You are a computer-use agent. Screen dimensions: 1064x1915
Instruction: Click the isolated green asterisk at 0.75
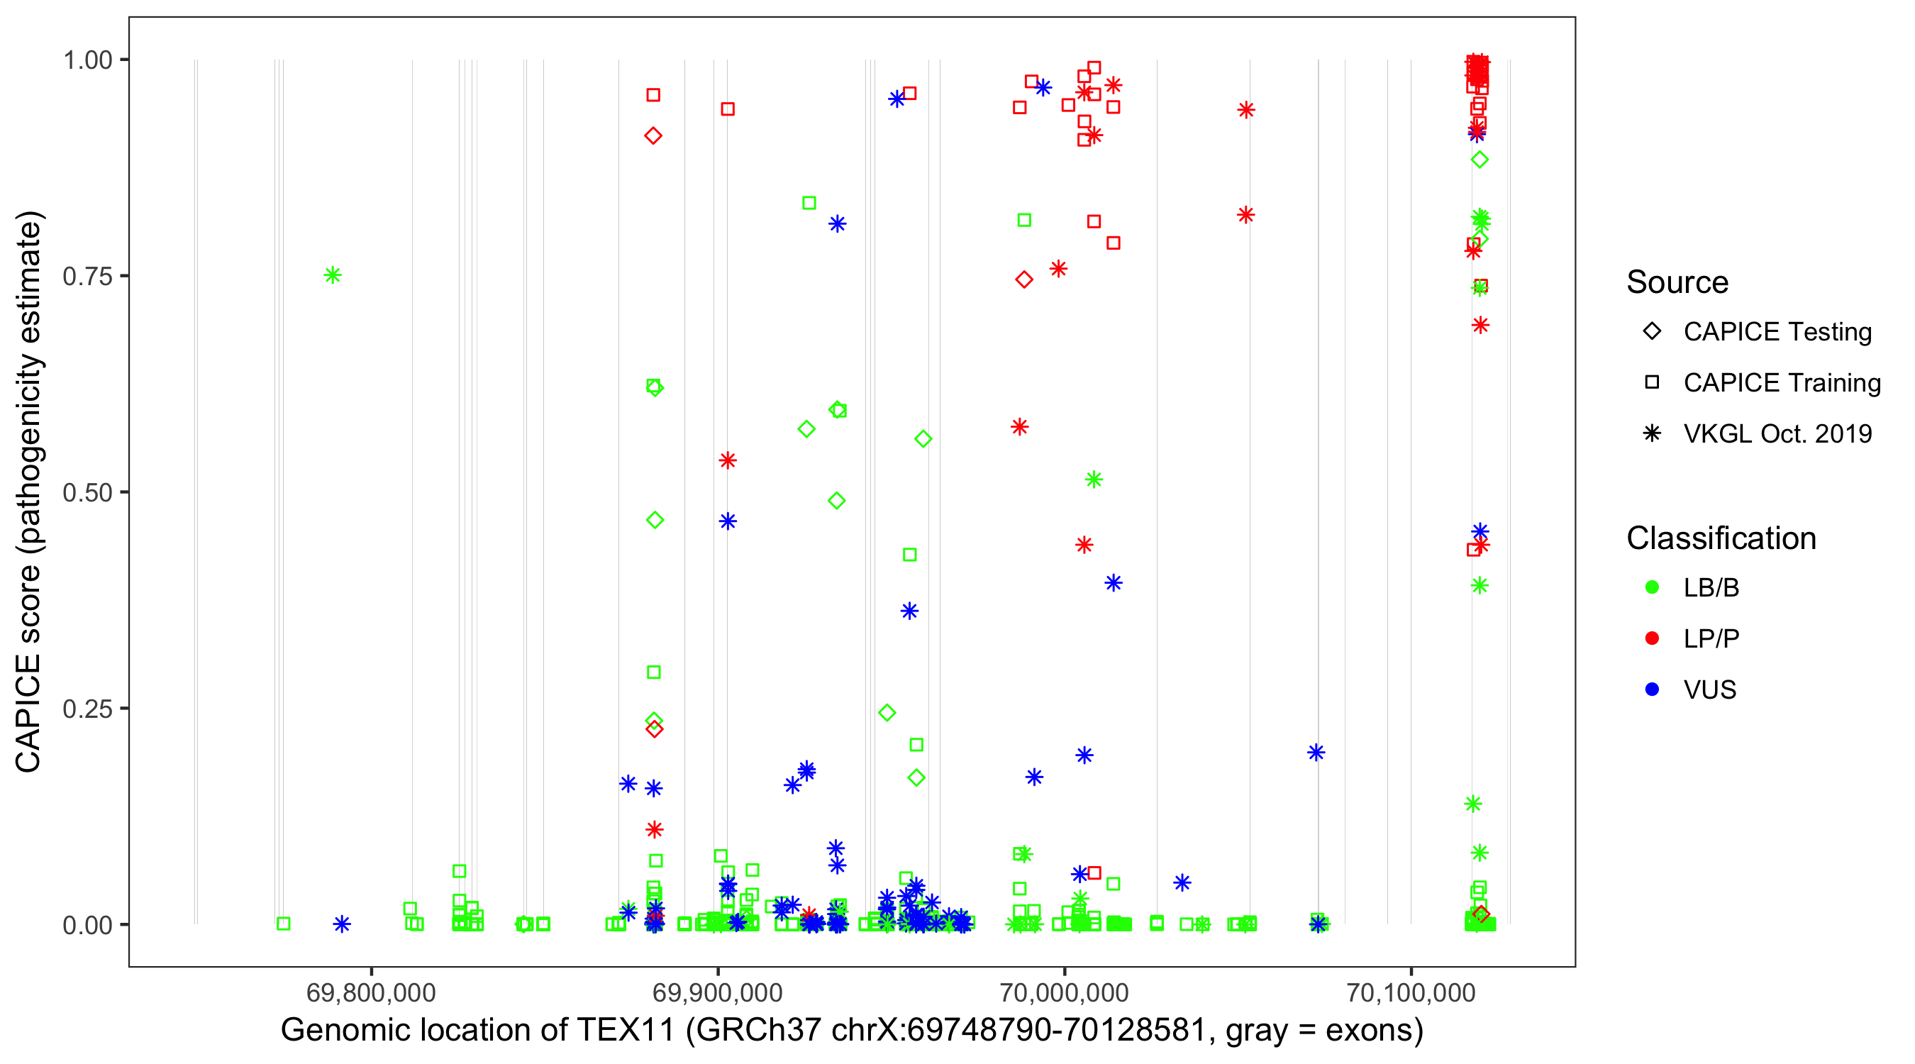coord(333,275)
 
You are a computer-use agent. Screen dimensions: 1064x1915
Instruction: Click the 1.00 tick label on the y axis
coord(87,60)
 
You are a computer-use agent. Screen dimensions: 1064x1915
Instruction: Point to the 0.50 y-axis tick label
coord(87,492)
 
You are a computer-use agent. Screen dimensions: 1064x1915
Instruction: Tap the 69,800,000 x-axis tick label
coord(370,992)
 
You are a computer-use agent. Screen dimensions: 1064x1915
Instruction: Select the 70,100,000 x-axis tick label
coord(1411,992)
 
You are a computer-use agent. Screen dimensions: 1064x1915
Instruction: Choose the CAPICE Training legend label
coord(1781,382)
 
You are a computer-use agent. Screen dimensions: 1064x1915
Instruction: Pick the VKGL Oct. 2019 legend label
coord(1777,433)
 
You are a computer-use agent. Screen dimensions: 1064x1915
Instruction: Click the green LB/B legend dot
coord(1652,587)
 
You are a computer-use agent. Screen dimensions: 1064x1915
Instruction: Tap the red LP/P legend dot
coord(1652,638)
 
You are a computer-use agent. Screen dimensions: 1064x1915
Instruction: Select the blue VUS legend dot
coord(1652,689)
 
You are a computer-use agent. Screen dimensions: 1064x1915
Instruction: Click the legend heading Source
coord(1677,282)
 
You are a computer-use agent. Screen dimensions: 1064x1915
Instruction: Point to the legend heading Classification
coord(1720,538)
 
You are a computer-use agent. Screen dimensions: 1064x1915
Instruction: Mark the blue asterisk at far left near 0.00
coord(341,924)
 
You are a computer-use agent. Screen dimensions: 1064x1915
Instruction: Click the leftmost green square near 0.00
coord(283,924)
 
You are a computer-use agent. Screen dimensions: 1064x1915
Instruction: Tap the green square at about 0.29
coord(653,672)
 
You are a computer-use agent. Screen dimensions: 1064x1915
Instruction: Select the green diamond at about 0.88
coord(1480,160)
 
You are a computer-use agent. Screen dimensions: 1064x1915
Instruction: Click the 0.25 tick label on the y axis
coord(87,709)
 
